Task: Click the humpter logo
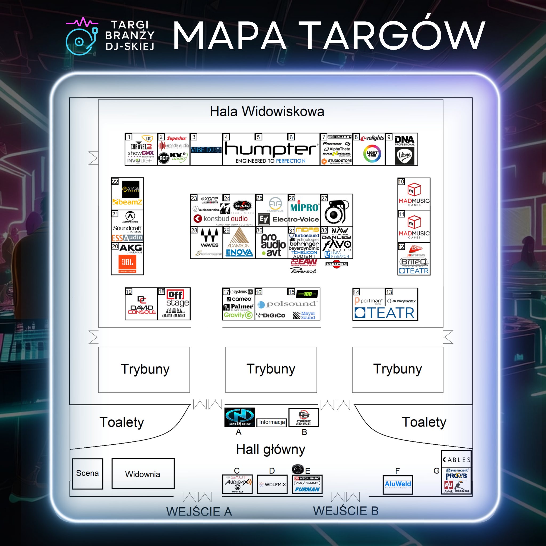271,150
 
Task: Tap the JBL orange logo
127,263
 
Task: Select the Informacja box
272,422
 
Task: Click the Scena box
87,473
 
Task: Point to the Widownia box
143,474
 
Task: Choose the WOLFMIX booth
272,484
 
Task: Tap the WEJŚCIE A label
199,512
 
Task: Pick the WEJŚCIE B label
346,511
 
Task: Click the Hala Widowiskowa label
267,111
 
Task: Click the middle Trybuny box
271,369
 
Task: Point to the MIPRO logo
304,207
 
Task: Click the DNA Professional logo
404,140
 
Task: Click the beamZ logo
127,202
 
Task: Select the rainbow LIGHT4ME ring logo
372,154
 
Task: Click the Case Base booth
303,417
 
